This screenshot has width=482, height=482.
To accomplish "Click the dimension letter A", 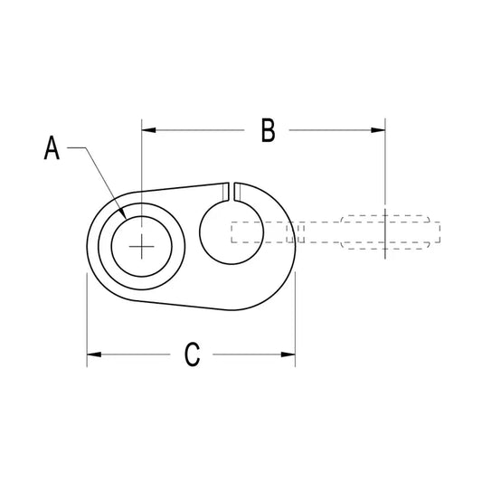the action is click(52, 147).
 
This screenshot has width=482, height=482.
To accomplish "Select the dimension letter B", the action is click(268, 130).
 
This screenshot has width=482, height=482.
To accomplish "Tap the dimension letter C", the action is click(192, 354).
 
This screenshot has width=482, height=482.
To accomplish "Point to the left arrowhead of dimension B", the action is click(148, 130).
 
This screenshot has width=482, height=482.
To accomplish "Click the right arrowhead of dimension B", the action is click(378, 130).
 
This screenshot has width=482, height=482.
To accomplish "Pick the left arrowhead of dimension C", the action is click(94, 354).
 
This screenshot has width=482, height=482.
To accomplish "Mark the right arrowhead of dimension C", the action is click(288, 354).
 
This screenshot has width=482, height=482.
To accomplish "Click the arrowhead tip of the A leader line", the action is click(126, 219).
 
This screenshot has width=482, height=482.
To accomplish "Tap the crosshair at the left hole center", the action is click(141, 247).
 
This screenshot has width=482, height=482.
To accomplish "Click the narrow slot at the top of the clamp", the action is click(232, 193).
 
